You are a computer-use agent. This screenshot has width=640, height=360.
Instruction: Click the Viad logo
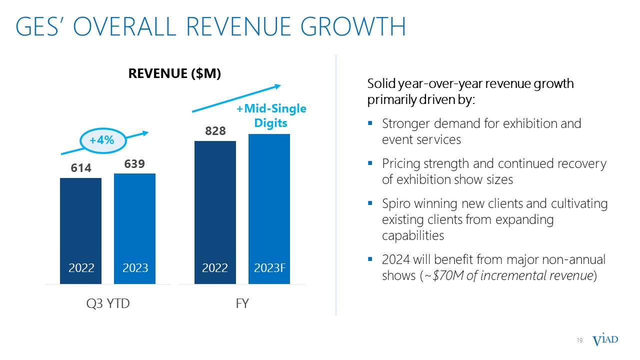pyautogui.click(x=605, y=340)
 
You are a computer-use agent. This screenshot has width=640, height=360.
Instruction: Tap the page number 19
pyautogui.click(x=580, y=340)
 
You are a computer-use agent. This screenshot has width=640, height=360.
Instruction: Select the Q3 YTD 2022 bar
pyautogui.click(x=80, y=225)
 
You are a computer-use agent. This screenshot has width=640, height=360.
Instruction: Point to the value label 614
pyautogui.click(x=80, y=168)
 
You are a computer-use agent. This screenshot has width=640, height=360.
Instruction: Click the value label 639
pyautogui.click(x=134, y=164)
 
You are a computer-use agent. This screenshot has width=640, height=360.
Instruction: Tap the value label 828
pyautogui.click(x=215, y=131)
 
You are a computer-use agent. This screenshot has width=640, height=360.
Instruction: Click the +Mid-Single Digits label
pyautogui.click(x=271, y=115)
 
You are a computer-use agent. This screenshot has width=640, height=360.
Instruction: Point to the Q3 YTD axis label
pyautogui.click(x=107, y=303)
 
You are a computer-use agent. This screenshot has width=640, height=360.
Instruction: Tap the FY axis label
pyautogui.click(x=242, y=303)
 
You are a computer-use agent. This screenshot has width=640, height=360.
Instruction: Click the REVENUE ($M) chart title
pyautogui.click(x=174, y=73)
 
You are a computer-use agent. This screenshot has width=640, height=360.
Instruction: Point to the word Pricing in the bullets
pyautogui.click(x=398, y=163)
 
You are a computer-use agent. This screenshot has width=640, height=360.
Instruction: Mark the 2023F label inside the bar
pyautogui.click(x=269, y=267)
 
